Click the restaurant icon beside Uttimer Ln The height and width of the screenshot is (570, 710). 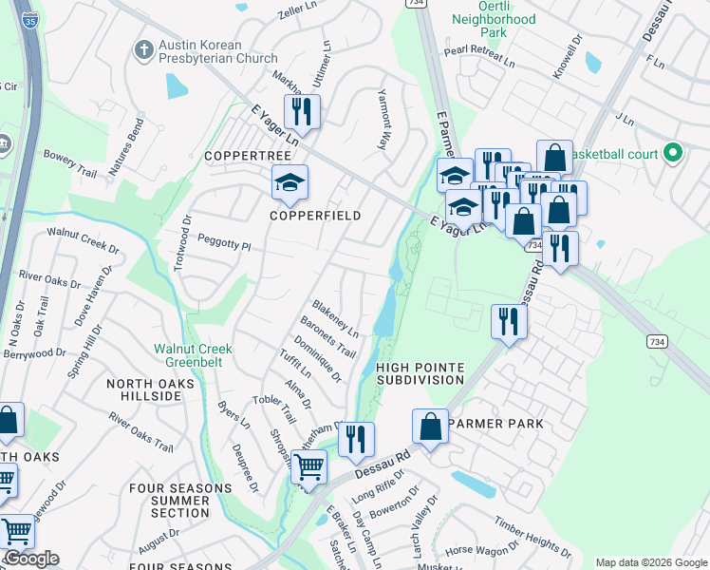pyautogui.click(x=302, y=111)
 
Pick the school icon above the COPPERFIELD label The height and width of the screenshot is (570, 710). pyautogui.click(x=290, y=182)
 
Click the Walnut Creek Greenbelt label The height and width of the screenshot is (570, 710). pyautogui.click(x=194, y=354)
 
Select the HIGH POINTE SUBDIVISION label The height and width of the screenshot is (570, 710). pyautogui.click(x=420, y=373)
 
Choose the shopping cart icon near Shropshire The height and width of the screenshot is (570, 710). pyautogui.click(x=308, y=466)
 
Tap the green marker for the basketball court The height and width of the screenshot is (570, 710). pyautogui.click(x=674, y=152)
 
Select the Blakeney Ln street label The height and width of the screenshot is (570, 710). pyautogui.click(x=336, y=320)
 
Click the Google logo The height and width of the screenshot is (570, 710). pyautogui.click(x=31, y=559)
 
